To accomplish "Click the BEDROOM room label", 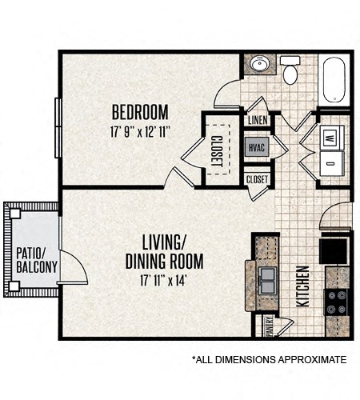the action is coord(140,112).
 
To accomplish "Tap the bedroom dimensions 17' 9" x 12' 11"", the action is coord(140,132).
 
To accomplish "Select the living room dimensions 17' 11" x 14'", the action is coord(162,280).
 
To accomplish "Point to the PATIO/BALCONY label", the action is coord(37,260).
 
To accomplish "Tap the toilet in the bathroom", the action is coord(290,70).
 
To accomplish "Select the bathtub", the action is coord(334,79).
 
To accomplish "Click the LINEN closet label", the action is coord(258,120).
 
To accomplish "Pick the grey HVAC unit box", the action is coord(257,148).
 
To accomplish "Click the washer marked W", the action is coord(332,138).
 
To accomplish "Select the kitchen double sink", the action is coord(267,280).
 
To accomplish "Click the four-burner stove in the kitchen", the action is coord(337,302).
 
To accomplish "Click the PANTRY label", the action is coord(270,326).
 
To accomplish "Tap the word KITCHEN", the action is coord(303,286).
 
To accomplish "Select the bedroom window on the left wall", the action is coord(58,128).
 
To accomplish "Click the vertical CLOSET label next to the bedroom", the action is coord(217,151).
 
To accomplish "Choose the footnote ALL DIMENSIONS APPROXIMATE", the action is coord(270,360).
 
